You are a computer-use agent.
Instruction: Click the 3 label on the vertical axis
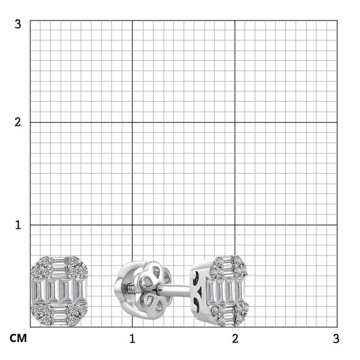pos(17,24)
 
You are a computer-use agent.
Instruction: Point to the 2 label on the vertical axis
pos(17,122)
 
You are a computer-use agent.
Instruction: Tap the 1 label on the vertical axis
pos(18,225)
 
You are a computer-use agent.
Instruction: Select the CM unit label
pos(18,338)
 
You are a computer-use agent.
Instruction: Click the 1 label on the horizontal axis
pos(132,339)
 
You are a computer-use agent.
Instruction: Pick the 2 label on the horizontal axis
pos(235,339)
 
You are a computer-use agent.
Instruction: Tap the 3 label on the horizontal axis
pos(336,339)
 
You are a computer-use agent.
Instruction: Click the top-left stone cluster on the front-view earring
pos(42,267)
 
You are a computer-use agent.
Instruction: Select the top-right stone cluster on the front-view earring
pos(77,267)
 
